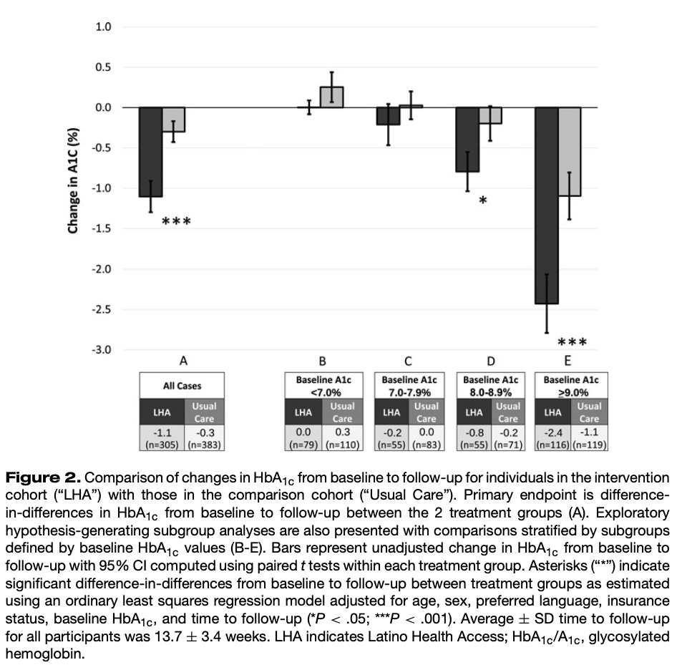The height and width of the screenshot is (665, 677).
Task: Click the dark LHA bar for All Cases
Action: click(x=150, y=152)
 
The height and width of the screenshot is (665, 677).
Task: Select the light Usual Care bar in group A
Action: click(x=173, y=120)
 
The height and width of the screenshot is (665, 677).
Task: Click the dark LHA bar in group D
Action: click(x=467, y=140)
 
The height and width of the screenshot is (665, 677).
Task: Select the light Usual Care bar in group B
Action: click(x=331, y=97)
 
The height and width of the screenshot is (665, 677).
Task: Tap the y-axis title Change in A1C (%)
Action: click(x=73, y=180)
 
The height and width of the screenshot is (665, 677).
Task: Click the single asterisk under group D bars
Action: click(x=483, y=201)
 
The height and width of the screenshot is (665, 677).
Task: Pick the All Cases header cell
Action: click(x=182, y=386)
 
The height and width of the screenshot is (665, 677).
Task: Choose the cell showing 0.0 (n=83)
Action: click(x=426, y=438)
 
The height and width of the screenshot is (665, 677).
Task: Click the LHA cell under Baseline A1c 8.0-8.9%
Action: click(x=474, y=412)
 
